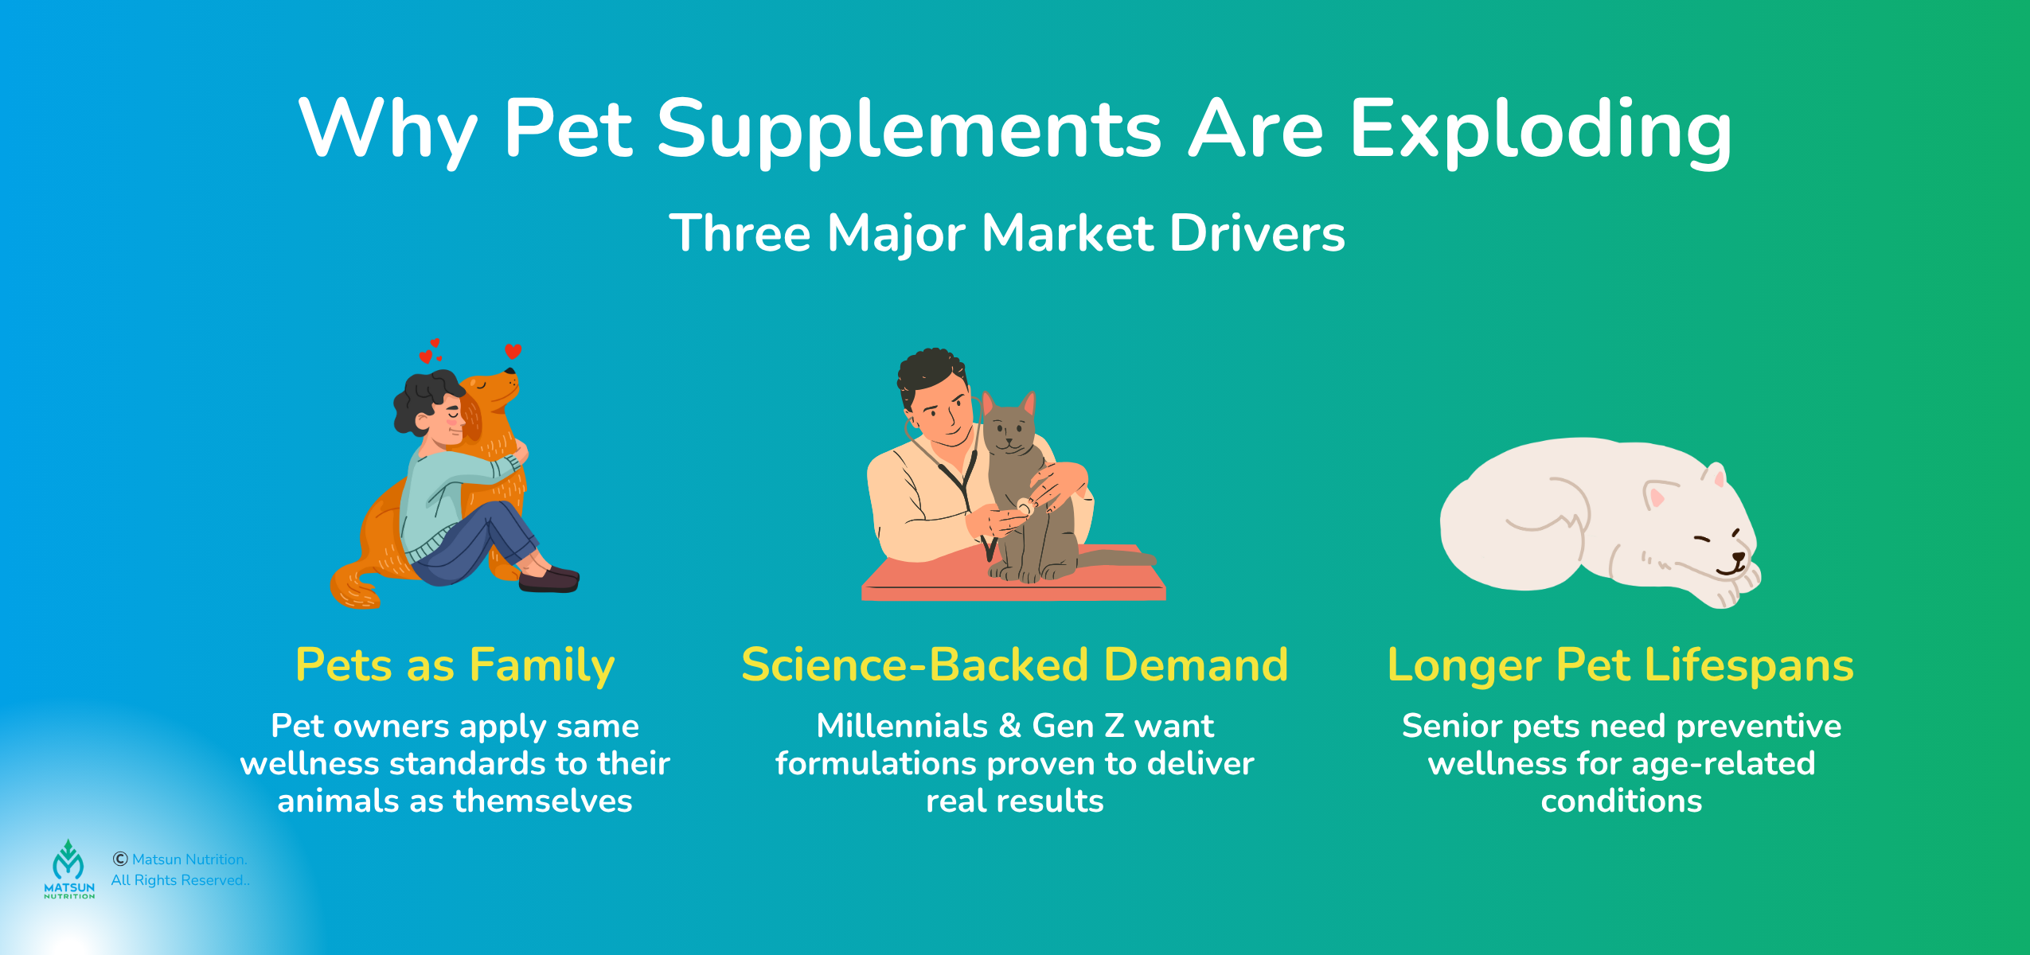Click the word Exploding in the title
1540,129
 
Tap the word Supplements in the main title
909,129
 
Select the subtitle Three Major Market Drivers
1007,233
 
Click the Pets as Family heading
455,665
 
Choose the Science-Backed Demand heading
1014,665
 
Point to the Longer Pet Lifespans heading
1620,665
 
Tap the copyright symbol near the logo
120,859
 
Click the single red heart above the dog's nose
513,351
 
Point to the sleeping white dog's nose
1739,558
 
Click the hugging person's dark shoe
549,579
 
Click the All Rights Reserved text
180,880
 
